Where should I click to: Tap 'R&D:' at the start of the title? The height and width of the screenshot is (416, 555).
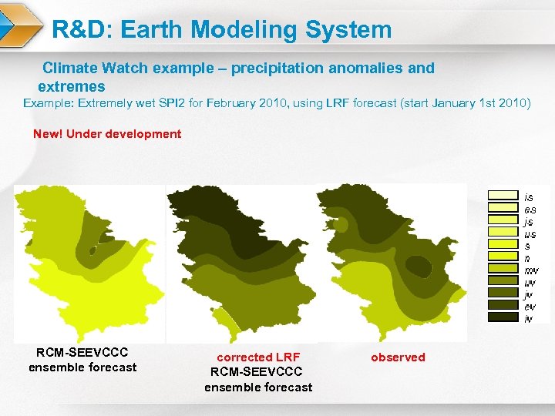coord(82,30)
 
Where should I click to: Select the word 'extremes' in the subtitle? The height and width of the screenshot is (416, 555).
coord(72,86)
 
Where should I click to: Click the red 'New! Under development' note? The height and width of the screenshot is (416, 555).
coord(107,134)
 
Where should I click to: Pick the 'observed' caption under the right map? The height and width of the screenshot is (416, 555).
coord(398,357)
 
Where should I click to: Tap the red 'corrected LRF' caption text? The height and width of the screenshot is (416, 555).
coord(258,357)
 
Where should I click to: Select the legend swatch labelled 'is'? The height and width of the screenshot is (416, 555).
coord(502,196)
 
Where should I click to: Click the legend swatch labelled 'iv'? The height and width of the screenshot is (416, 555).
coord(502,317)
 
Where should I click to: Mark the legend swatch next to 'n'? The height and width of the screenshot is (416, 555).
coord(502,257)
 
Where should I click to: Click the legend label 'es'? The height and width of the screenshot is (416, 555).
coord(530,209)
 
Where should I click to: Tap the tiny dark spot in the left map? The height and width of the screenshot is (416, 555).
coord(92,250)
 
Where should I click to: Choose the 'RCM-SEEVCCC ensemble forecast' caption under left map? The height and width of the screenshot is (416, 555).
coord(82,360)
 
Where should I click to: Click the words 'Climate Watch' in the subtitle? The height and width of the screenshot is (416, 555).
coord(96,68)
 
